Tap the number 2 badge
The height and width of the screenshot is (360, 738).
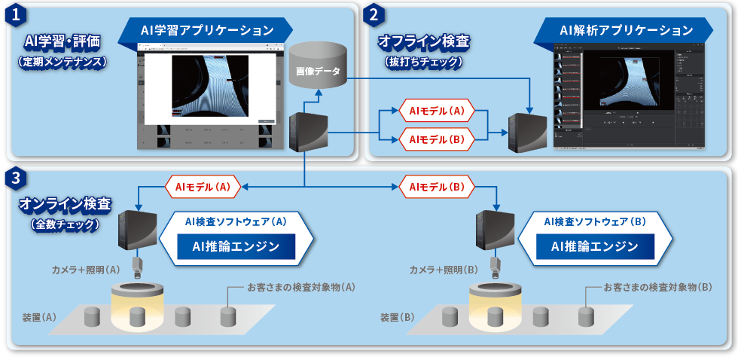[375, 14]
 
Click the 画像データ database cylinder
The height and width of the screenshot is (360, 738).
[318, 69]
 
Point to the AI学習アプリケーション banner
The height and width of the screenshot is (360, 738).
[206, 30]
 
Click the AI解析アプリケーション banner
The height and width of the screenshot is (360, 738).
[625, 31]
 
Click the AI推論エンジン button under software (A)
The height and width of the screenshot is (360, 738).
[236, 246]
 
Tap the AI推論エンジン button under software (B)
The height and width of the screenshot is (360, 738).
[594, 246]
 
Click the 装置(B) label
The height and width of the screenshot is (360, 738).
[398, 317]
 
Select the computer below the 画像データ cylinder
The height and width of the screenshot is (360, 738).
[310, 131]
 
